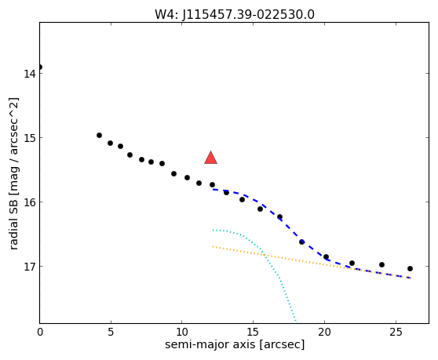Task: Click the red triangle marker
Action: click(210, 158)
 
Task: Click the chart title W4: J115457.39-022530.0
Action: click(235, 14)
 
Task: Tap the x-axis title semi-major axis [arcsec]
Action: click(235, 344)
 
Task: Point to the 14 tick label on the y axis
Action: click(29, 74)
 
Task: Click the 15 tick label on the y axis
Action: click(29, 138)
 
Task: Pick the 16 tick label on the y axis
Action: click(29, 202)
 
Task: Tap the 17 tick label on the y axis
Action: click(29, 267)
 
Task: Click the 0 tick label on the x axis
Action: click(40, 332)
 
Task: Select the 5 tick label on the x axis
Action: click(111, 332)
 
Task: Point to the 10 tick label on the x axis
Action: click(182, 332)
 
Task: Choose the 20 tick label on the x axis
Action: click(324, 332)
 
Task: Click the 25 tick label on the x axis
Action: click(396, 332)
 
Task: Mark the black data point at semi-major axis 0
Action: click(40, 67)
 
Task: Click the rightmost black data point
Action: click(410, 268)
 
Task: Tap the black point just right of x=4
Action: click(99, 136)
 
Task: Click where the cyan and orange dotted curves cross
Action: click(265, 255)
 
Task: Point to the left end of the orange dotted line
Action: click(214, 247)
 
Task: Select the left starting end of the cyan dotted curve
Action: click(214, 230)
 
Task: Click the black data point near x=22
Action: click(352, 264)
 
